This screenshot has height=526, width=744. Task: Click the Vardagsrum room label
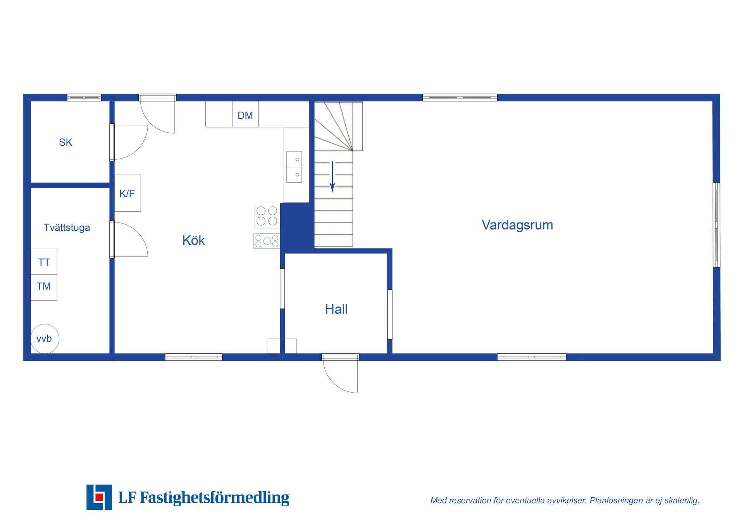pos(517,225)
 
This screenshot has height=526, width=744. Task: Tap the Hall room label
pos(336,309)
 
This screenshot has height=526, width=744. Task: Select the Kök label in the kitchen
pos(193,240)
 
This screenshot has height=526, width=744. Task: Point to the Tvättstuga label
pos(67,228)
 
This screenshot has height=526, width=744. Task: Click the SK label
pos(65,143)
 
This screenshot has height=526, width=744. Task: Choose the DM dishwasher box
pos(245,114)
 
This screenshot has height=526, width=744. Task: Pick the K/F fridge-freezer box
pos(127,193)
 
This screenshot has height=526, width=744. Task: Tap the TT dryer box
pos(44,262)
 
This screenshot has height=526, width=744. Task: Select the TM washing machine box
pos(44,288)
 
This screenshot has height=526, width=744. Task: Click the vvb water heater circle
pos(45,339)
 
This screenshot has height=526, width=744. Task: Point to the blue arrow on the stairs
pos(332,177)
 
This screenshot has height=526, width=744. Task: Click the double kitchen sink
pos(294,167)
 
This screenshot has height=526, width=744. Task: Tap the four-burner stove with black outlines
pos(267,216)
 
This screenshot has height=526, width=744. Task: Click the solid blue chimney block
pos(297,228)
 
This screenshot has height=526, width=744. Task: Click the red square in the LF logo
pos(99,497)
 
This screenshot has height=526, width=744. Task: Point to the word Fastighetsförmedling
pos(214,498)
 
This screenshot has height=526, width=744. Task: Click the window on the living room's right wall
pos(716,225)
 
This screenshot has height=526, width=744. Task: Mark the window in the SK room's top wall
pos(84,97)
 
